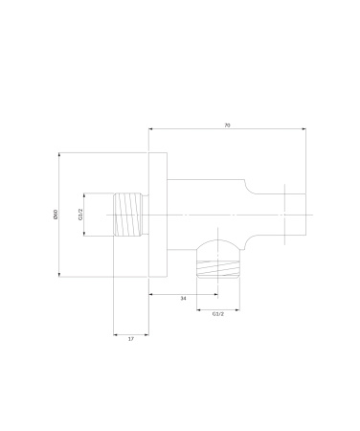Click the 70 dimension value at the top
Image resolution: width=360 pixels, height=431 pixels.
pyautogui.click(x=227, y=125)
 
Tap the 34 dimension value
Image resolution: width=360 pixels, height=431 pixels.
pyautogui.click(x=183, y=299)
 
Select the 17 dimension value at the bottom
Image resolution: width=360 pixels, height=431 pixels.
pyautogui.click(x=131, y=339)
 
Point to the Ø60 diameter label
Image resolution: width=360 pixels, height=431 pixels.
pyautogui.click(x=56, y=215)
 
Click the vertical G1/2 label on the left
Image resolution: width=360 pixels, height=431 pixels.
pyautogui.click(x=80, y=215)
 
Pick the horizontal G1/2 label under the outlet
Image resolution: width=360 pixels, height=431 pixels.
pyautogui.click(x=218, y=314)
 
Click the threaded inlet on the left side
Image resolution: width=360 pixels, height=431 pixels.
pyautogui.click(x=127, y=215)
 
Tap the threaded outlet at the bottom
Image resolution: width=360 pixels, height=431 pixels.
pyautogui.click(x=218, y=269)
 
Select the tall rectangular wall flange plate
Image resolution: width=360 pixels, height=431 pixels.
pyautogui.click(x=158, y=215)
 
